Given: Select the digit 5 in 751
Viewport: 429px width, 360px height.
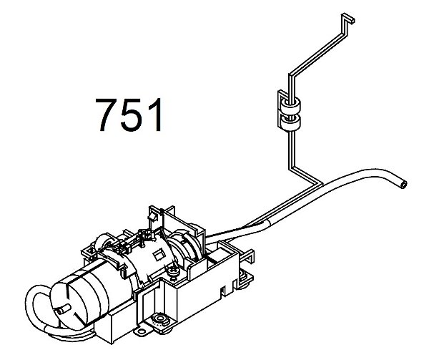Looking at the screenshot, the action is click(132, 115).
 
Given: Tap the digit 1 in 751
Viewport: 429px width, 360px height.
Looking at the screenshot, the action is click(155, 115).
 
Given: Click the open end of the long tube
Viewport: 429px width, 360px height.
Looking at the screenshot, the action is click(403, 185).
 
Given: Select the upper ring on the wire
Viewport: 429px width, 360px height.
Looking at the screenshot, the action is click(292, 104).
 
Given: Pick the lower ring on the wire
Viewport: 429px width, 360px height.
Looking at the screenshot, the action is click(292, 122).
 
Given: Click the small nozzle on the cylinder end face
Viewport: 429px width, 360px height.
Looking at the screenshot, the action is click(61, 310).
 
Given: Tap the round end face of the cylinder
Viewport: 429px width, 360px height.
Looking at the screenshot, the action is click(69, 305).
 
